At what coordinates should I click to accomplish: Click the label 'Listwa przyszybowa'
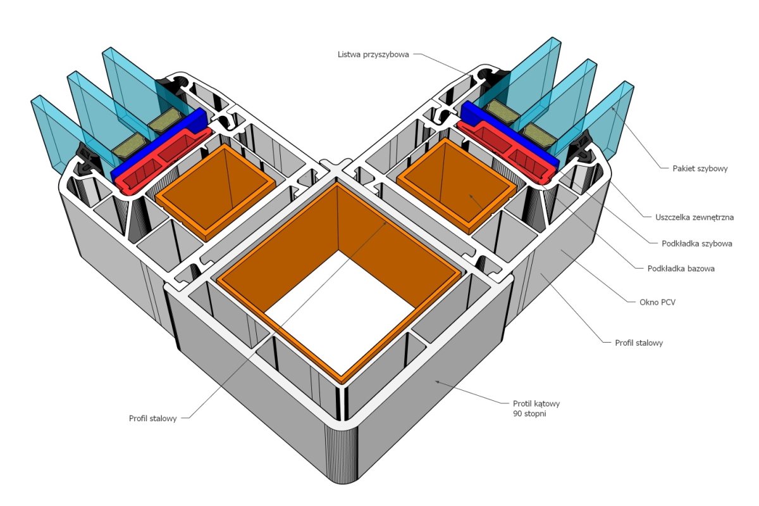click(373, 54)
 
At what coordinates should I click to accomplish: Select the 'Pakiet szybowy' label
click(700, 168)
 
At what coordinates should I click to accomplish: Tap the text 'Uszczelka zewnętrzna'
click(694, 217)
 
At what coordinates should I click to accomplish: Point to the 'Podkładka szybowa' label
click(697, 243)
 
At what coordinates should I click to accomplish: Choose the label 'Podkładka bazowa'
click(681, 269)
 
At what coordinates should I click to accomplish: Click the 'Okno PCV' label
click(657, 302)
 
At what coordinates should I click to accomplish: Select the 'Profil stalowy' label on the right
click(639, 343)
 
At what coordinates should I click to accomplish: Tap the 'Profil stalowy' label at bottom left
click(153, 419)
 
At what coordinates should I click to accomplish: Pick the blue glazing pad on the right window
click(510, 136)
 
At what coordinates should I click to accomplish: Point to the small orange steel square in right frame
click(457, 183)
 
